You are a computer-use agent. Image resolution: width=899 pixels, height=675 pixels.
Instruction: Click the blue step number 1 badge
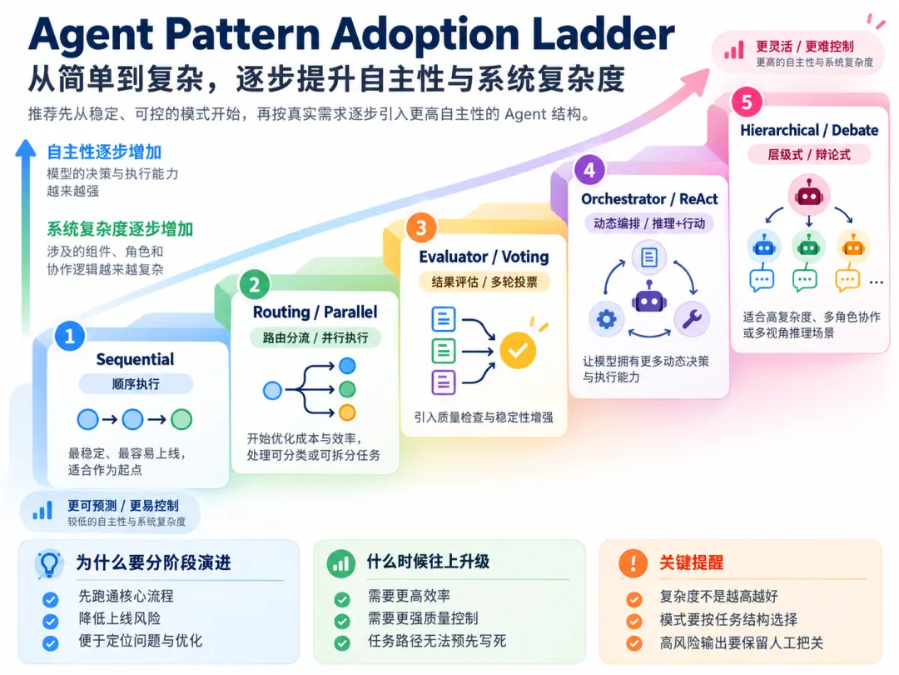click(70, 336)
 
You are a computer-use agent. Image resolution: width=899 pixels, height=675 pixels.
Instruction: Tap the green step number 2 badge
click(255, 284)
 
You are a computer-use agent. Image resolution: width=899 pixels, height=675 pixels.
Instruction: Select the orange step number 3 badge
click(421, 227)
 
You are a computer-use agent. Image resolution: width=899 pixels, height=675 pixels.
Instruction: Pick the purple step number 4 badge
click(589, 170)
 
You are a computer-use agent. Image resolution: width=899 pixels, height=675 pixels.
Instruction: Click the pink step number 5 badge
click(747, 102)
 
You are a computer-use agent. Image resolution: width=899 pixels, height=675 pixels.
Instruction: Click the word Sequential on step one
click(136, 360)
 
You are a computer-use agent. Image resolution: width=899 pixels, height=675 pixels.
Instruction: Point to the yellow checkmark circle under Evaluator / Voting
click(518, 350)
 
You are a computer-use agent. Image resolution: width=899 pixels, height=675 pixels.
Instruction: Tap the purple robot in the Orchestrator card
click(649, 297)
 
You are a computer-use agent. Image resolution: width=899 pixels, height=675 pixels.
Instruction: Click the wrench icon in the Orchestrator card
click(692, 318)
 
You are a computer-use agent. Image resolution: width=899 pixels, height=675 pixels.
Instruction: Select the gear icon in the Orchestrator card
click(607, 318)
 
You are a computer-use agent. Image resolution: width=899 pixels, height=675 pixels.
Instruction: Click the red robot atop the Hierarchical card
click(809, 195)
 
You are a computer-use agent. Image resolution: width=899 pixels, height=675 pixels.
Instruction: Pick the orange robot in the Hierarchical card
click(853, 247)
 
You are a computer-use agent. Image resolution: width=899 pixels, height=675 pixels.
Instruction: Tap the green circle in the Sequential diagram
click(181, 419)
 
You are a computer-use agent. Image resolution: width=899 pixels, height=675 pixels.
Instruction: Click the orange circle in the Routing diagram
click(347, 412)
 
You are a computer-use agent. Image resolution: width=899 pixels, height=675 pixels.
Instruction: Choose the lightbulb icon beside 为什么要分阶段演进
click(49, 563)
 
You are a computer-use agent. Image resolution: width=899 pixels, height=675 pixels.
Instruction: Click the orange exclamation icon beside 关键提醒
click(633, 563)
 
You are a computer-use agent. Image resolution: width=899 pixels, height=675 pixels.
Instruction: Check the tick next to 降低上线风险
click(51, 622)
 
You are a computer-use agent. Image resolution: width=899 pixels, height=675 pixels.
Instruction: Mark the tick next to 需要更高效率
click(342, 600)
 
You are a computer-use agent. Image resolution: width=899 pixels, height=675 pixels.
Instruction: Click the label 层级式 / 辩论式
click(809, 154)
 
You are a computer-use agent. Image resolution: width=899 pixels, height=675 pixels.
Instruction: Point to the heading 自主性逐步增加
click(104, 152)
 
